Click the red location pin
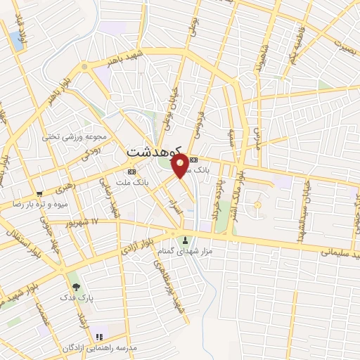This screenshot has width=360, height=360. coord(180,166)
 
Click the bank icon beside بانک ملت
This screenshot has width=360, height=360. coord(131,172)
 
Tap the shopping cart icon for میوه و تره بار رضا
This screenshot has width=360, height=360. coord(40,193)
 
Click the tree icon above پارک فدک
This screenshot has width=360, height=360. coord(75,286)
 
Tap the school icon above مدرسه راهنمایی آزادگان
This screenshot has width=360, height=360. coord(100,337)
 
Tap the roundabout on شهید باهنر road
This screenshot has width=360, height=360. coord(84,67)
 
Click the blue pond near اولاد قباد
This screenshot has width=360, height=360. coord(16,40)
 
